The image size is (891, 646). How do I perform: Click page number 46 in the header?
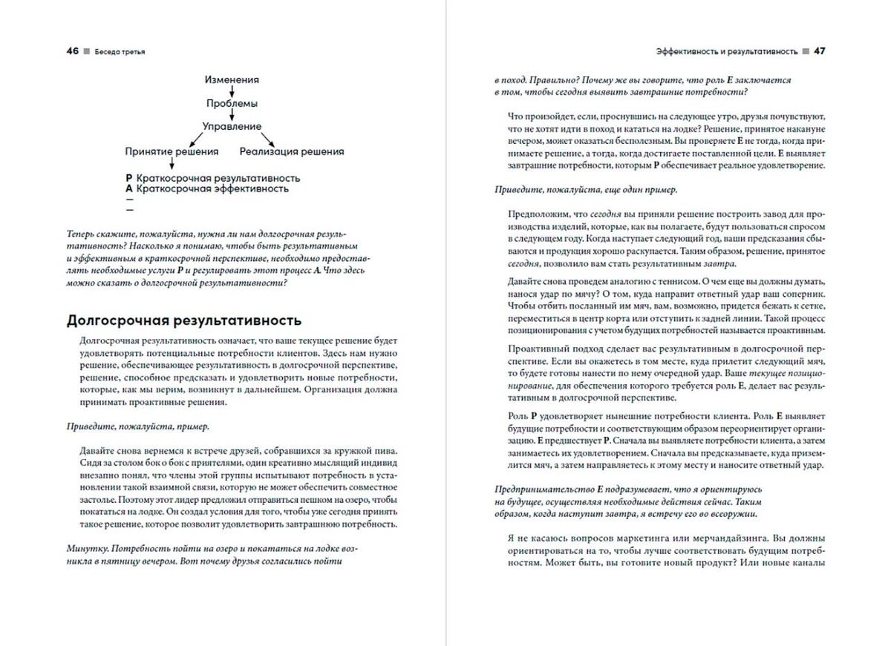pos(73,51)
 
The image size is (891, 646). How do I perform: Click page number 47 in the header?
pos(820,51)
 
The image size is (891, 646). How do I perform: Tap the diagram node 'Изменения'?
pos(232,79)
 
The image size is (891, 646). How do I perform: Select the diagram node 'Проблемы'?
pos(232,103)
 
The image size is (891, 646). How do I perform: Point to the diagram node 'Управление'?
pos(232,127)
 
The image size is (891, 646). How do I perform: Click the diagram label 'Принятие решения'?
pos(172,151)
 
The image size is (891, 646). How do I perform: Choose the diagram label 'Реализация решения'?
pos(292,151)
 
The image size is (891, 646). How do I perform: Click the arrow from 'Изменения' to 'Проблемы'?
pos(232,91)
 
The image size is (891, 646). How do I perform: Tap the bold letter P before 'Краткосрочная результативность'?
pos(129,178)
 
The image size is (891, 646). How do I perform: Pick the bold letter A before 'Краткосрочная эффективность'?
pos(129,188)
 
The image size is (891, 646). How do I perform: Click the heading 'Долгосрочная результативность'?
pos(184,320)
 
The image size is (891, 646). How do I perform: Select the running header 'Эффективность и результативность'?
pos(726,52)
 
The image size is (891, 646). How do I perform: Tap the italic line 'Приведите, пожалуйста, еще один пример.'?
pos(586,189)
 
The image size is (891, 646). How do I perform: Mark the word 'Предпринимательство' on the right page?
pos(541,489)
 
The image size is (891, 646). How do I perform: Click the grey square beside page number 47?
pos(804,52)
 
